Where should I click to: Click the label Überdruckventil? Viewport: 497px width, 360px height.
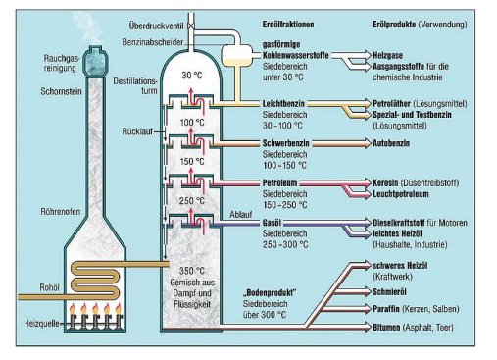point(157,24)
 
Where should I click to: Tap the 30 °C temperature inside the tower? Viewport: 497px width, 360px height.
point(194,75)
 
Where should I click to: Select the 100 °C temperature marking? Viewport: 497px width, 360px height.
point(194,122)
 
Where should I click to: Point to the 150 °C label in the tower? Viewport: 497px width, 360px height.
point(194,161)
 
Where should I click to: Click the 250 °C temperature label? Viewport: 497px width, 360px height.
point(194,202)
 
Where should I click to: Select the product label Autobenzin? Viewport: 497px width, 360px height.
point(398,142)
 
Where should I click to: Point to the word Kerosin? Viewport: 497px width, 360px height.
point(390,183)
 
